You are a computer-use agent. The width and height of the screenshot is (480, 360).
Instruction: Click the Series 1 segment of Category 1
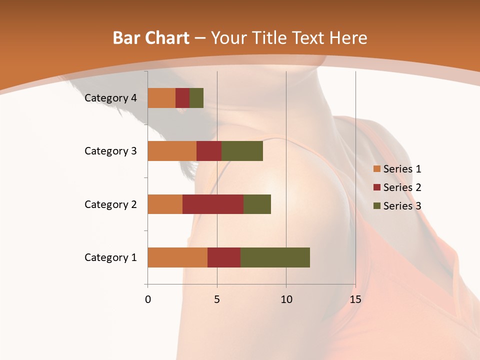pos(177,257)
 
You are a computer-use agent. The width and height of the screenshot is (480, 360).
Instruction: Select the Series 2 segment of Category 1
pos(224,257)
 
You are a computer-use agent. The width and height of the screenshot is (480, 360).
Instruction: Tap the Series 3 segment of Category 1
pos(275,257)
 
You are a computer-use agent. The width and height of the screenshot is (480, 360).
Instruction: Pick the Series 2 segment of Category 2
pos(213,204)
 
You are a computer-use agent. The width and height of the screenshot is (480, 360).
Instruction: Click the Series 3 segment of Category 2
pos(257,204)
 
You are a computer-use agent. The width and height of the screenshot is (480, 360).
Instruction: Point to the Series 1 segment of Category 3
pos(172,151)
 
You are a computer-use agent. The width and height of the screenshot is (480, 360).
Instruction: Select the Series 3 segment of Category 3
pos(242,151)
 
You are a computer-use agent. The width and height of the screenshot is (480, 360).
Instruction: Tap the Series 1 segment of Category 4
pos(161,98)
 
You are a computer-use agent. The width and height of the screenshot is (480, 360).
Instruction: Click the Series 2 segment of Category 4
pos(182,98)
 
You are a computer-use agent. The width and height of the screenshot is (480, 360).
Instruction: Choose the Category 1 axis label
pos(110,257)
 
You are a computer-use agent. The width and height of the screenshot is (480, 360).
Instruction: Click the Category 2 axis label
pos(110,204)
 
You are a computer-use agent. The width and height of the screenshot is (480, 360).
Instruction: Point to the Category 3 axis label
pos(110,151)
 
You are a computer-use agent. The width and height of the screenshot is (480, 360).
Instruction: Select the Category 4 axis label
pos(110,98)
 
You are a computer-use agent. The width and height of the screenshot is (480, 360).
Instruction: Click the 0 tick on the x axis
pos(148,299)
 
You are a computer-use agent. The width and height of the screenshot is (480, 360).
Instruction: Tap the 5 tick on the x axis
pos(217,299)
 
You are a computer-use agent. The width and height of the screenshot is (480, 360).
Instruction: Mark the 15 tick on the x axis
pos(355,299)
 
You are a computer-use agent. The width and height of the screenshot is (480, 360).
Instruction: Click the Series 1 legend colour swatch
pos(376,169)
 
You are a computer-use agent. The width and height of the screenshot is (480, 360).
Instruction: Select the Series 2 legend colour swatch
pos(376,187)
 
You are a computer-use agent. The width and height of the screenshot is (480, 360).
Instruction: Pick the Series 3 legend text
pos(402,206)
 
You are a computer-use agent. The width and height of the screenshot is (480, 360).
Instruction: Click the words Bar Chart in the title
pos(151,38)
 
